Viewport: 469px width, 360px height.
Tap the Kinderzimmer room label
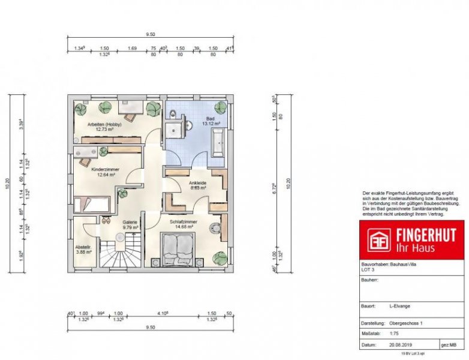point(105,170)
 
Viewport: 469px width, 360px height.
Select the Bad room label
point(210,119)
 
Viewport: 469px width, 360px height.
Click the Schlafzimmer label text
point(181,221)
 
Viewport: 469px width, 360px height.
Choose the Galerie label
point(130,223)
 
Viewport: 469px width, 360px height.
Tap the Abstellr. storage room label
point(83,247)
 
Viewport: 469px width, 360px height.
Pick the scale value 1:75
point(395,334)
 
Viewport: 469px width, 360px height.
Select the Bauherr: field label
point(369,279)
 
